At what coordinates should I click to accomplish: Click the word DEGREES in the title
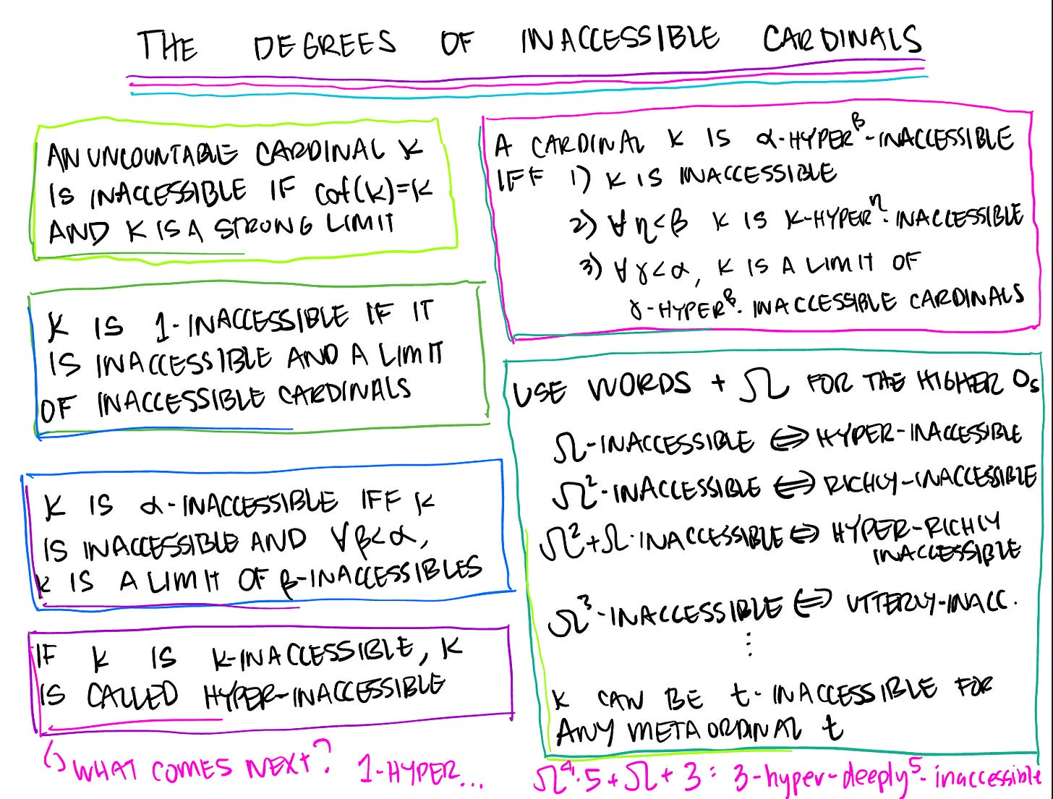click(325, 45)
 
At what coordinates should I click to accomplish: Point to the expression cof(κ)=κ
click(373, 192)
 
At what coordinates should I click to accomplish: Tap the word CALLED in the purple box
click(132, 696)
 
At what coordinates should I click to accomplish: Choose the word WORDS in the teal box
click(639, 387)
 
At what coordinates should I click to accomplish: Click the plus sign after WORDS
click(718, 383)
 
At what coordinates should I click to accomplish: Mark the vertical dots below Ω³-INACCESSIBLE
click(749, 643)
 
